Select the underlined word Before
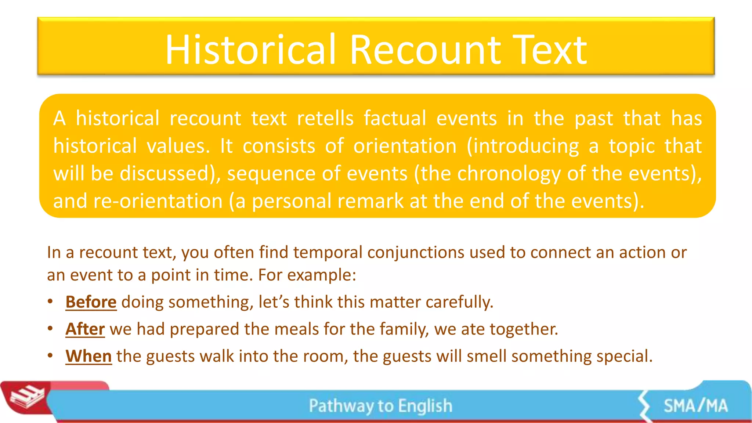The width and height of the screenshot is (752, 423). [x=91, y=302]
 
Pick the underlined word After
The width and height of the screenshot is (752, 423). [x=85, y=329]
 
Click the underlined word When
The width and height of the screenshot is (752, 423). [x=88, y=356]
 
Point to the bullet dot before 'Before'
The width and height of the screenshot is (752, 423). [x=50, y=301]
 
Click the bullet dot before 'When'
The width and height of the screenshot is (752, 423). [x=50, y=355]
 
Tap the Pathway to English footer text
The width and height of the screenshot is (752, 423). [x=380, y=406]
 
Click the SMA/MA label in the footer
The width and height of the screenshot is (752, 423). [x=695, y=406]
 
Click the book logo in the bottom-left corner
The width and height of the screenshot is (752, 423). [x=26, y=398]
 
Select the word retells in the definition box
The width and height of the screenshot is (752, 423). [x=325, y=119]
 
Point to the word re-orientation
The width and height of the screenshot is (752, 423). [x=158, y=202]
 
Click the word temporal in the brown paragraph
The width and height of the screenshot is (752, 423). [x=328, y=253]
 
